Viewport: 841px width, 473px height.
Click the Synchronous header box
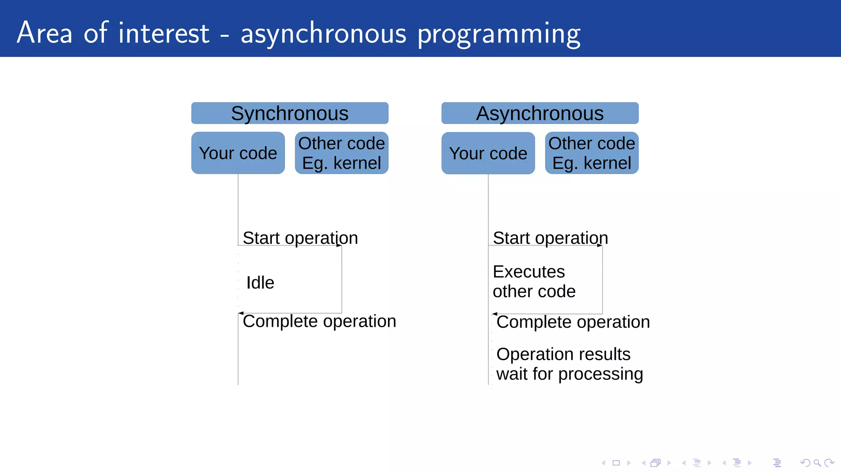click(x=290, y=113)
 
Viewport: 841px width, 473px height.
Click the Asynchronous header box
click(x=540, y=113)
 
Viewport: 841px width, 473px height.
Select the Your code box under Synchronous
click(x=238, y=153)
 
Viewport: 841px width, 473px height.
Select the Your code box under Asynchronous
click(x=488, y=153)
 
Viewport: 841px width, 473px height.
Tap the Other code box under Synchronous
click(x=341, y=153)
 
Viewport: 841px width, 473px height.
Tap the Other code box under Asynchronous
click(x=591, y=153)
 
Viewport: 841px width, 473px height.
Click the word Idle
click(x=260, y=282)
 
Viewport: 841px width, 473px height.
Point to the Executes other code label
click(x=534, y=282)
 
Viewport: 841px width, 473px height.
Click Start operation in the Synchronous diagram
click(x=300, y=238)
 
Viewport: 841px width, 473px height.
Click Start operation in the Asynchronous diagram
click(x=550, y=238)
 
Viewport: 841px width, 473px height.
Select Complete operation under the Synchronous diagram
click(x=319, y=321)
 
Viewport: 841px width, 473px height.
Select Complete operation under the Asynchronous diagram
click(x=573, y=322)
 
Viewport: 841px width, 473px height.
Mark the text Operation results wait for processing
click(x=569, y=364)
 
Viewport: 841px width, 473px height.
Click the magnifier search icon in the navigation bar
click(x=817, y=463)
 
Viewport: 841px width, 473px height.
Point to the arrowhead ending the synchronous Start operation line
click(x=339, y=246)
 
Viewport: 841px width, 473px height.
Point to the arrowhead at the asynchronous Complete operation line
click(x=495, y=314)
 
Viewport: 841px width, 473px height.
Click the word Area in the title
click(x=44, y=33)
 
